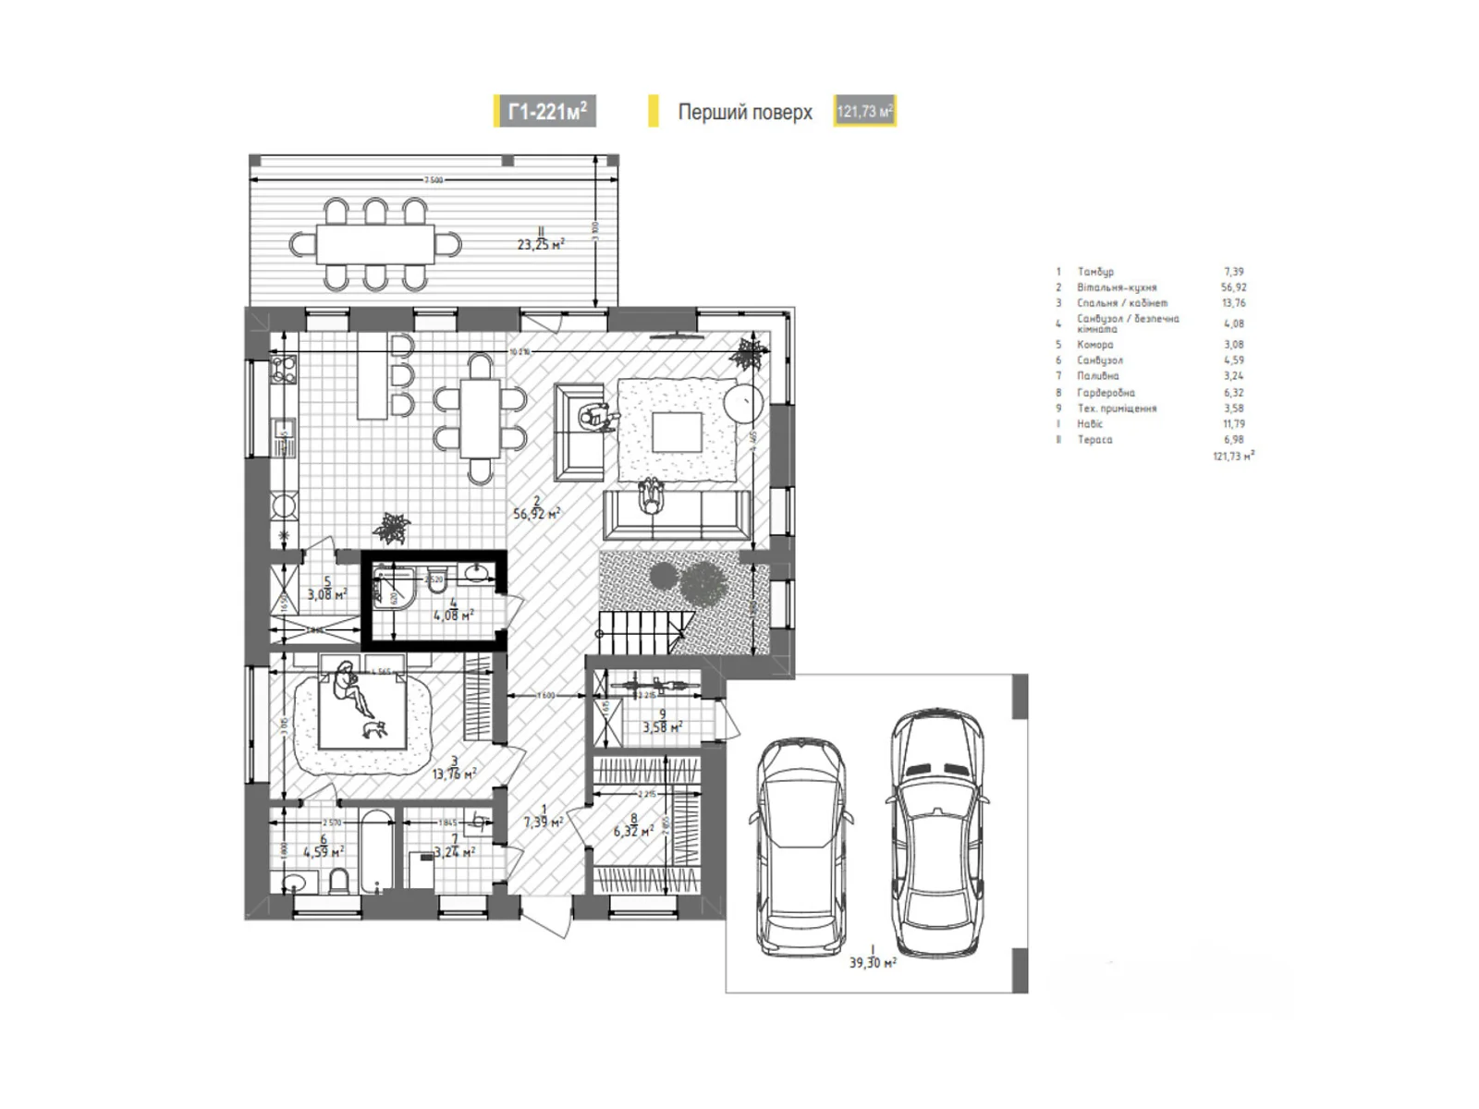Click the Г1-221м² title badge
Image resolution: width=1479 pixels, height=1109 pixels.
point(545,112)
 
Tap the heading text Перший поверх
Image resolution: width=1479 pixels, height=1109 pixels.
point(744,112)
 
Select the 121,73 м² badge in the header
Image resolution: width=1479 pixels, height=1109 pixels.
point(864,112)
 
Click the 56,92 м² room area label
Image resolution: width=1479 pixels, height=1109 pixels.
point(536,514)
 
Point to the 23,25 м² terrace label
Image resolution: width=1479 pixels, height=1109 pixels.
point(541,245)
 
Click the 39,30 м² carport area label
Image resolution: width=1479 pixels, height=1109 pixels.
point(873,962)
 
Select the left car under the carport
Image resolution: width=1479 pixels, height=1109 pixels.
point(801,846)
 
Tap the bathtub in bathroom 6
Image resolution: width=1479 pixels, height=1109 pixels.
point(374,852)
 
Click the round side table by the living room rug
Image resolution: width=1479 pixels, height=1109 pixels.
point(743,403)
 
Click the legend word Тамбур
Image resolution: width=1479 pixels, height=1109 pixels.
point(1095,272)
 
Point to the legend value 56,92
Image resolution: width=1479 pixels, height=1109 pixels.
point(1233,287)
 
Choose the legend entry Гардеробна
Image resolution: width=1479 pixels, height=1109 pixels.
point(1106,393)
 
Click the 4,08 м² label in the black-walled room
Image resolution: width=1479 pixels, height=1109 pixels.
point(453,614)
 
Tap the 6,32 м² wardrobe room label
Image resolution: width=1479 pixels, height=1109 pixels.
point(633,831)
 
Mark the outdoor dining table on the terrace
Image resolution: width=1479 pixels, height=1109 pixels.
point(374,245)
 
